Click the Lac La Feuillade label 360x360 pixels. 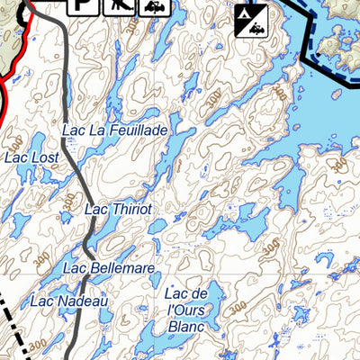[x=114, y=131]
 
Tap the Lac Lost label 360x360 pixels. [x=31, y=157]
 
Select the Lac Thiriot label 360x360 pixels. [x=118, y=210]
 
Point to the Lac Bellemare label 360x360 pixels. [x=109, y=268]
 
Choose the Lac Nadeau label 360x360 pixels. [x=69, y=301]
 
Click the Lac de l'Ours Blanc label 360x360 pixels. [x=187, y=310]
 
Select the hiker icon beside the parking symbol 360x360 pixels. [x=119, y=7]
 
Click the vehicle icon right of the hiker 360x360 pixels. [x=155, y=7]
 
